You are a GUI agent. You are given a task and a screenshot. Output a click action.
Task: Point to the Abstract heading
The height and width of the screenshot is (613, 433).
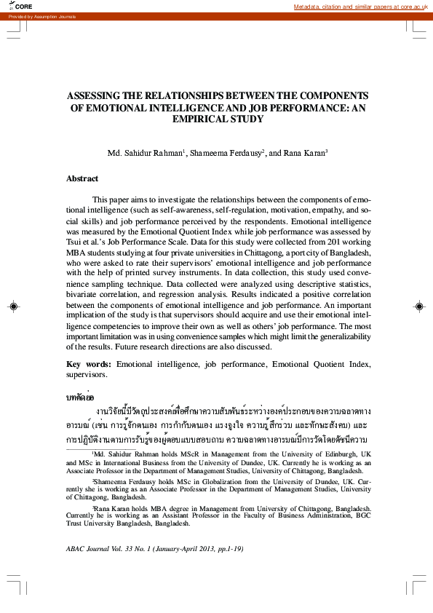pos(82,178)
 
